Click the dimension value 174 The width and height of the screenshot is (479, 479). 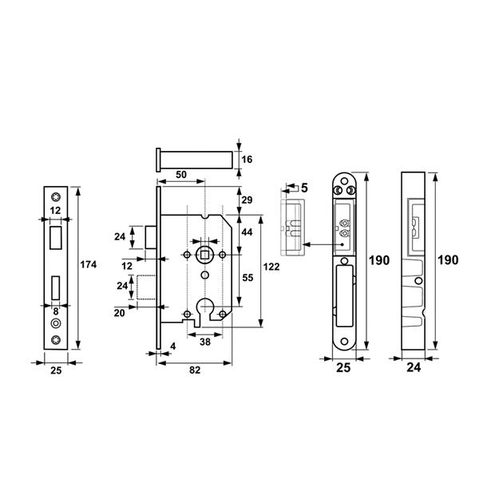tap(89, 264)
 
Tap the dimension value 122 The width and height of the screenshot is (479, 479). tap(271, 267)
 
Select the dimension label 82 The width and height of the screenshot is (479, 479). tap(195, 370)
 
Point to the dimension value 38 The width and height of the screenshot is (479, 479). tap(205, 342)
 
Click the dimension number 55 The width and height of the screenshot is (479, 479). tap(247, 278)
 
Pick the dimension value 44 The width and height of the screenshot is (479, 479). tap(247, 232)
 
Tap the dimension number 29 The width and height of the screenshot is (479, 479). tap(247, 200)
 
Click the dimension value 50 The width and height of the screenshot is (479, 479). tap(181, 175)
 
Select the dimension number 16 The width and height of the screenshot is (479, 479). tap(247, 160)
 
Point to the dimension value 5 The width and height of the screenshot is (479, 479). tap(304, 188)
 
